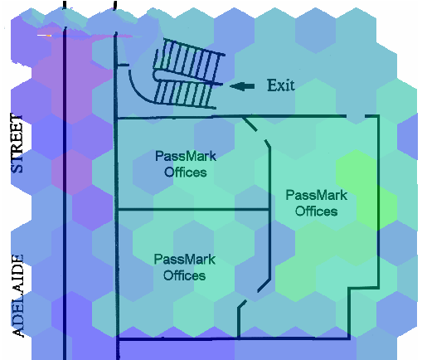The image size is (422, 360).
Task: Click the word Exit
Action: click(x=281, y=85)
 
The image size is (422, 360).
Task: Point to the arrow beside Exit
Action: click(x=242, y=86)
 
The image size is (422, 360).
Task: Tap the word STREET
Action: click(x=17, y=144)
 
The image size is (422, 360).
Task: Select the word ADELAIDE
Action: click(x=18, y=296)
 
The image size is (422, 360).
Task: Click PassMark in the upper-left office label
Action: click(x=186, y=156)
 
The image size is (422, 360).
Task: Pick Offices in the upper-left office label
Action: click(x=186, y=173)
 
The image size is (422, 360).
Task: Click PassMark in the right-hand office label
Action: click(x=317, y=195)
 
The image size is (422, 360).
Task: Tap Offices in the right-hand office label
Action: click(x=317, y=212)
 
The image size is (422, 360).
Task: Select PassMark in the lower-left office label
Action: click(x=185, y=260)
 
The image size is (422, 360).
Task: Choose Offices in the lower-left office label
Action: click(x=185, y=275)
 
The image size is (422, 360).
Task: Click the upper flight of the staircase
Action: click(x=189, y=57)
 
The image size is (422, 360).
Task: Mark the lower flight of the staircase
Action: click(x=185, y=93)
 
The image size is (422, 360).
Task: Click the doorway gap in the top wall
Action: click(x=356, y=116)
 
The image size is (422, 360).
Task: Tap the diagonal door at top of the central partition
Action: click(x=250, y=124)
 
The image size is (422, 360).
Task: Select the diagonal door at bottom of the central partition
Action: click(x=264, y=285)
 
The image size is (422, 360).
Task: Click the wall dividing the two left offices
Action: click(x=193, y=209)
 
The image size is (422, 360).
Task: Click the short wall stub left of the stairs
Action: click(x=124, y=65)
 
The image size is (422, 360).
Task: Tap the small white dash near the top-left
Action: click(x=44, y=36)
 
